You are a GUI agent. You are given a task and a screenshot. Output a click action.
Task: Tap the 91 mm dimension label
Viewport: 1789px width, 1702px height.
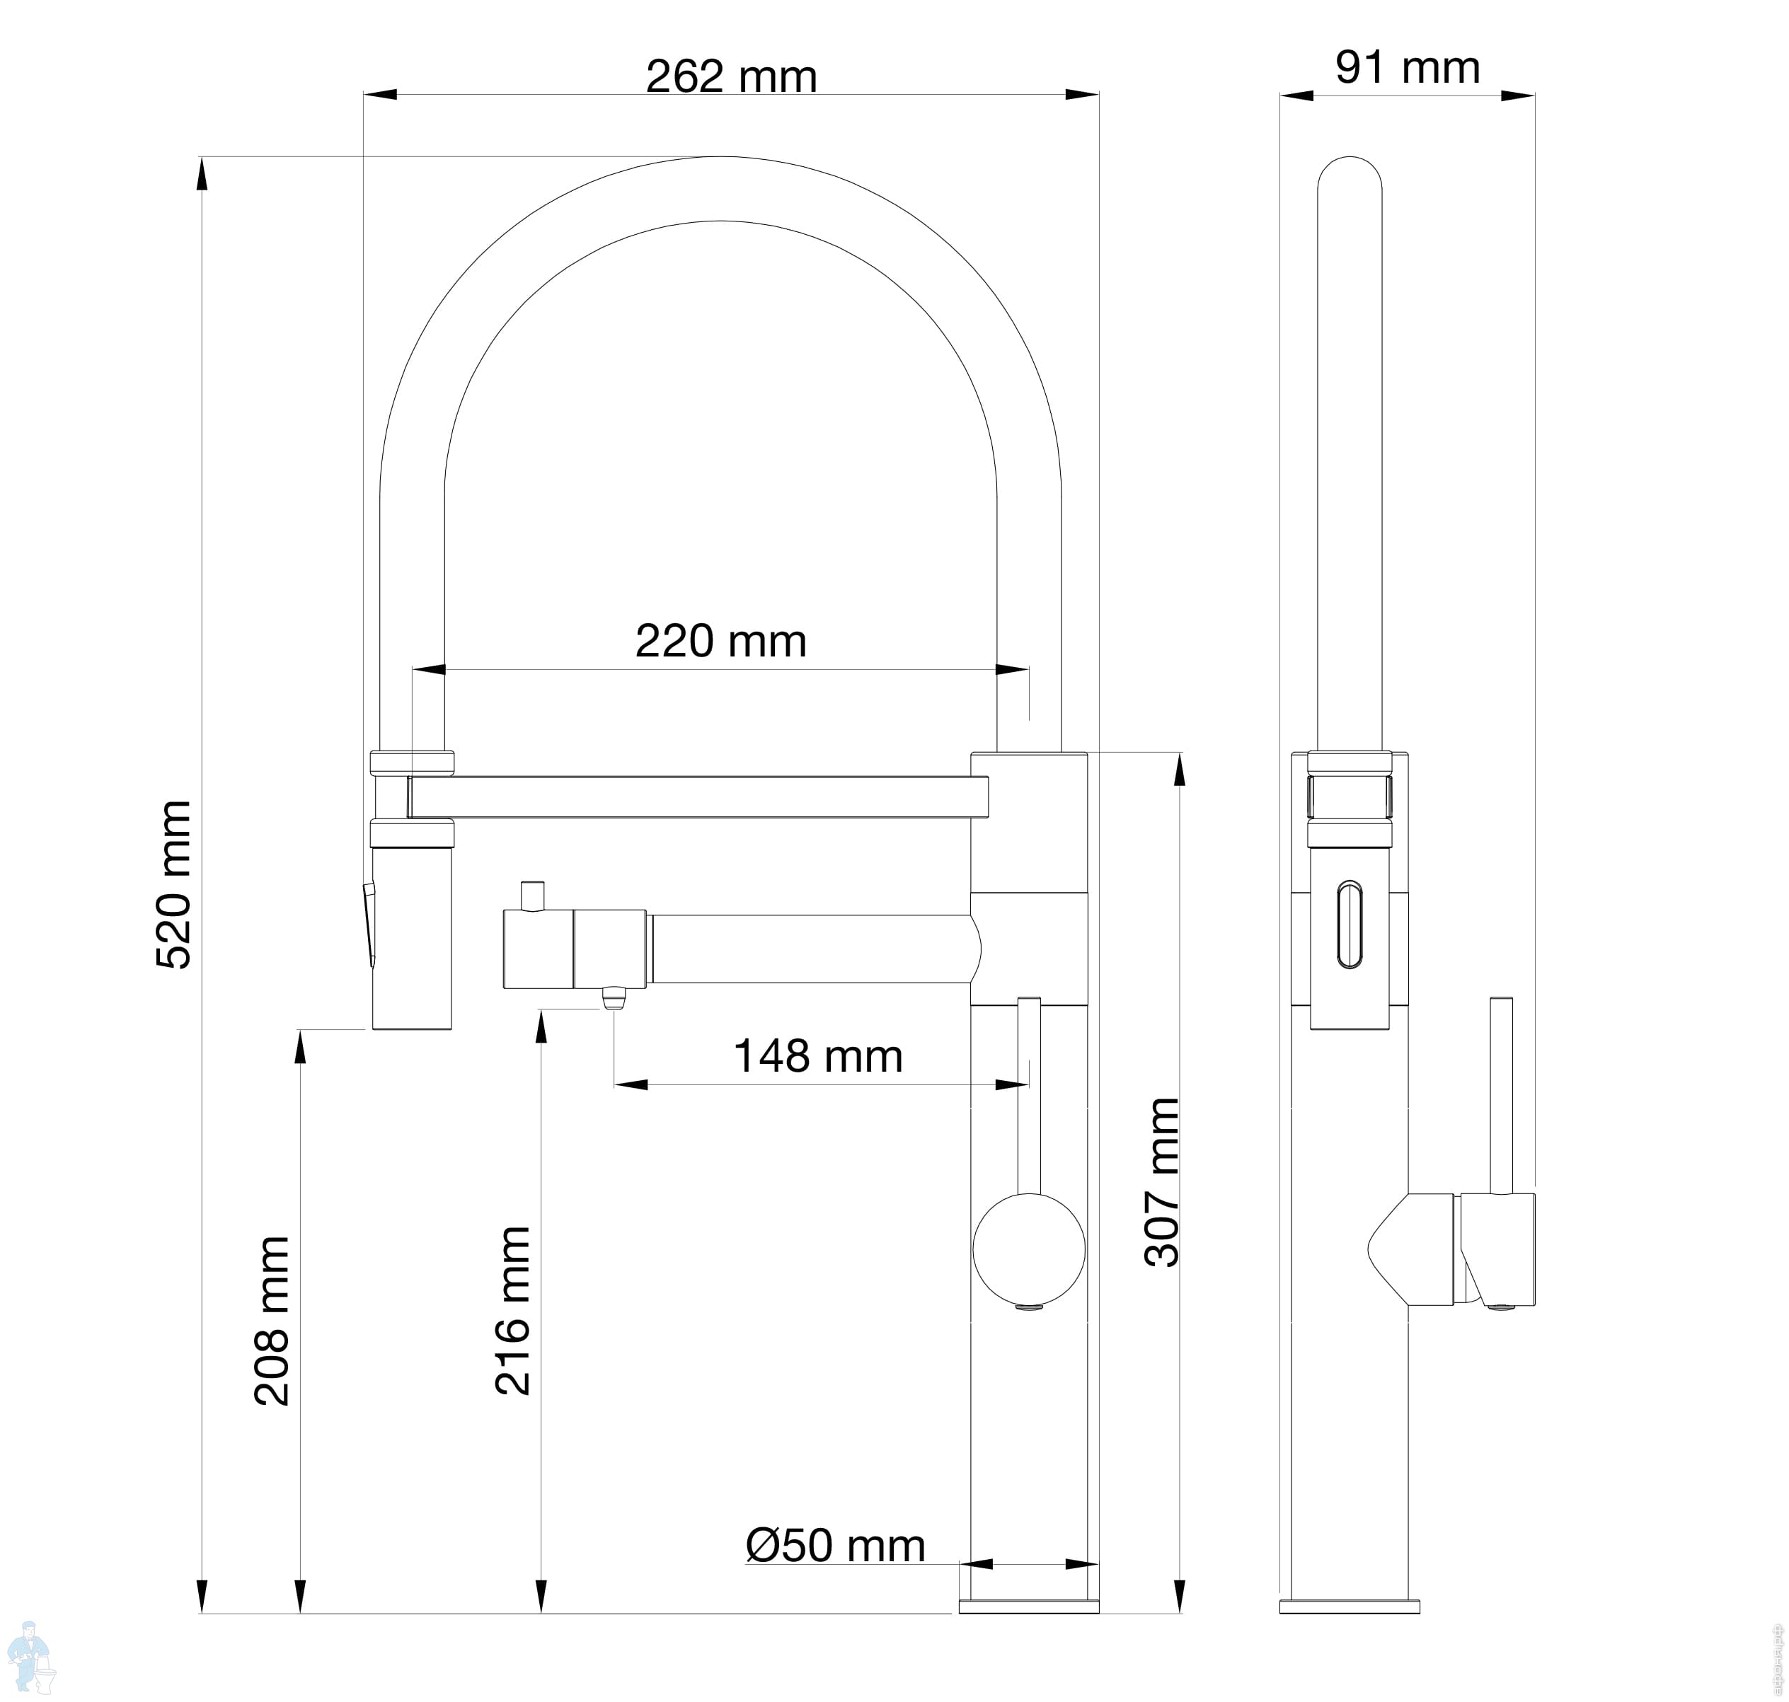pos(1407,67)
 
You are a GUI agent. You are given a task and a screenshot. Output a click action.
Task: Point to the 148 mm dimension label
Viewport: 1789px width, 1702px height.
pos(818,1056)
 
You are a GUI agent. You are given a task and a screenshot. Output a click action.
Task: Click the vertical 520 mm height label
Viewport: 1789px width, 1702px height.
pos(174,884)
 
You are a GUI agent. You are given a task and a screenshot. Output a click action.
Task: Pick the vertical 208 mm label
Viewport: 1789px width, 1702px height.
pos(271,1321)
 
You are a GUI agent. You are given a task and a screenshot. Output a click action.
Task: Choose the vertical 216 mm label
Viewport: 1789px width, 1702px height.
pos(513,1311)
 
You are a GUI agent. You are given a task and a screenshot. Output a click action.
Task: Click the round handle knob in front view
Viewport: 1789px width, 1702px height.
pos(1028,1249)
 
